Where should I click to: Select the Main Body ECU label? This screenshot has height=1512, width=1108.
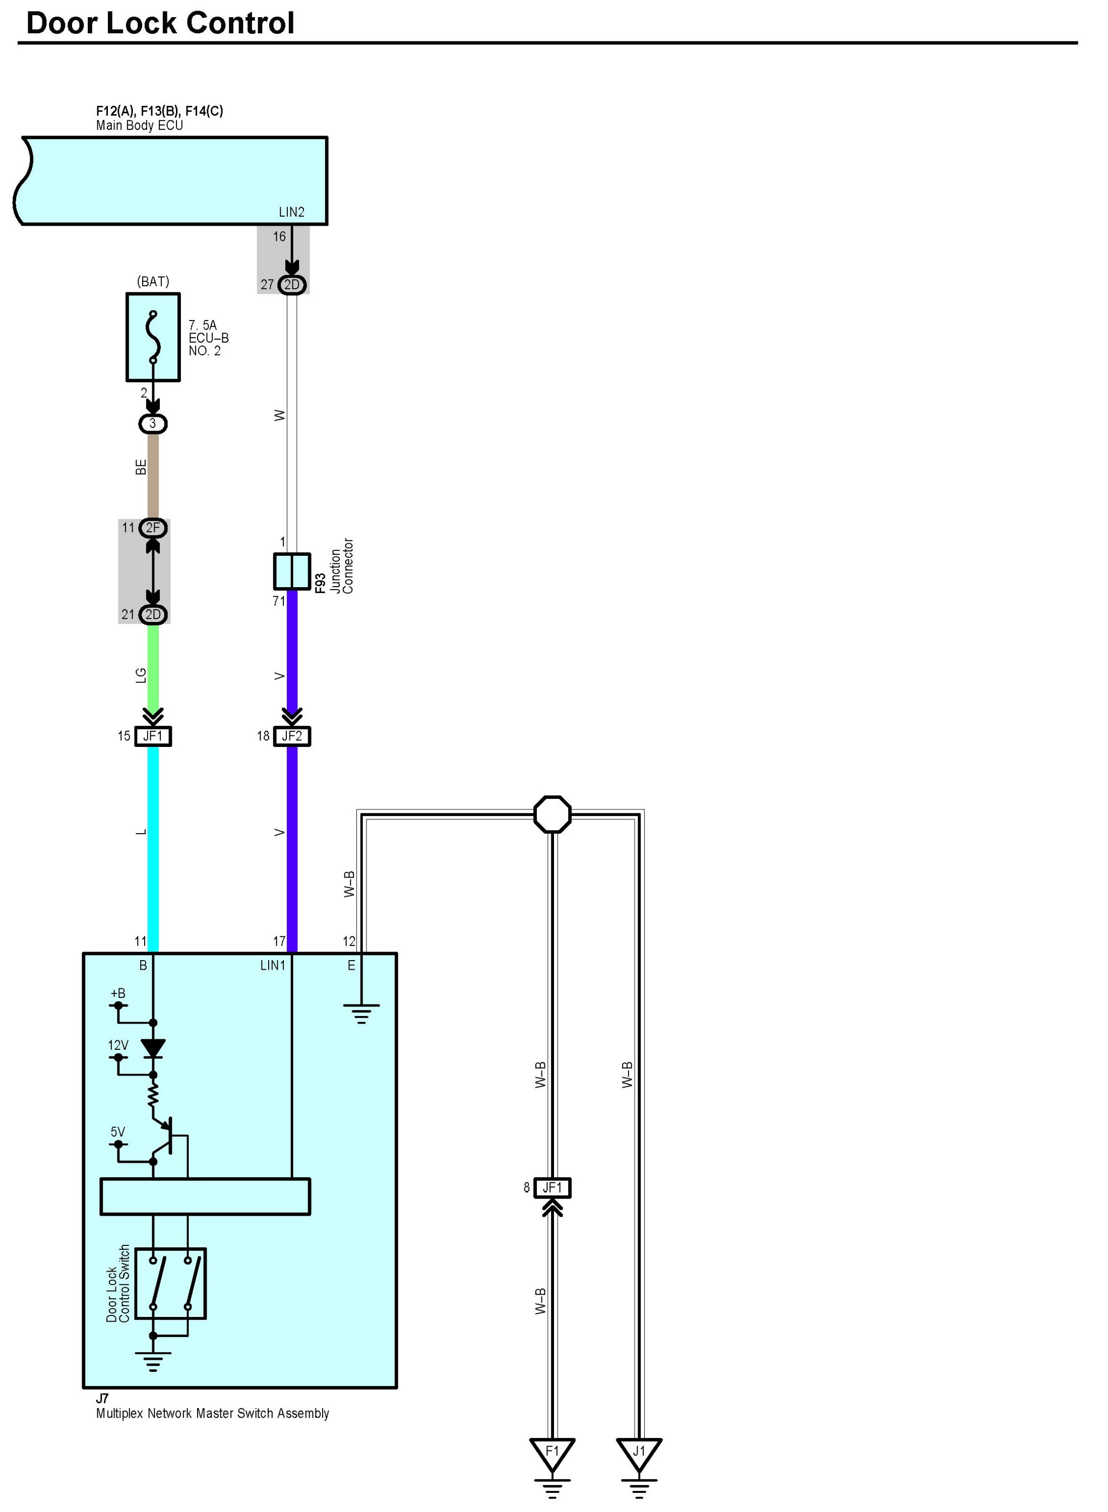(x=140, y=125)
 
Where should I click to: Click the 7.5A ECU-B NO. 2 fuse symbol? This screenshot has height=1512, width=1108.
(x=153, y=337)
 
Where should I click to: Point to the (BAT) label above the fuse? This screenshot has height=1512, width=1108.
(x=153, y=282)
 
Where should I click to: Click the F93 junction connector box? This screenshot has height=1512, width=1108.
(x=292, y=571)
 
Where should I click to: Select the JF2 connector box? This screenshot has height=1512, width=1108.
(x=292, y=736)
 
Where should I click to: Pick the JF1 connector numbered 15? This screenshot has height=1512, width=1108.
(x=153, y=736)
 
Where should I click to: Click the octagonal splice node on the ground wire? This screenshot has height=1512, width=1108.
(x=552, y=814)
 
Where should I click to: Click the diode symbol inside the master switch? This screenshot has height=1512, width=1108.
(x=153, y=1048)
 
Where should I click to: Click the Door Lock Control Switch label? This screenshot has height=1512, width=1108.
(x=118, y=1283)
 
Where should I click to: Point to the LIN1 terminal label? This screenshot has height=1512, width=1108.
(x=272, y=966)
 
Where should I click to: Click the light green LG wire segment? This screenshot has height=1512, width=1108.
(x=153, y=670)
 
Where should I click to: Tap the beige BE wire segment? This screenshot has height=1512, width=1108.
(x=153, y=476)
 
